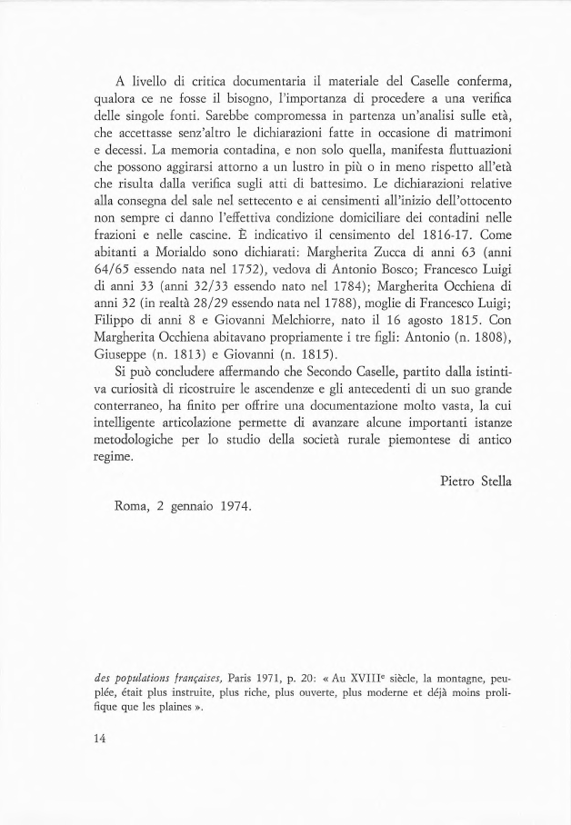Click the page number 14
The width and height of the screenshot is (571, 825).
point(100,739)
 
